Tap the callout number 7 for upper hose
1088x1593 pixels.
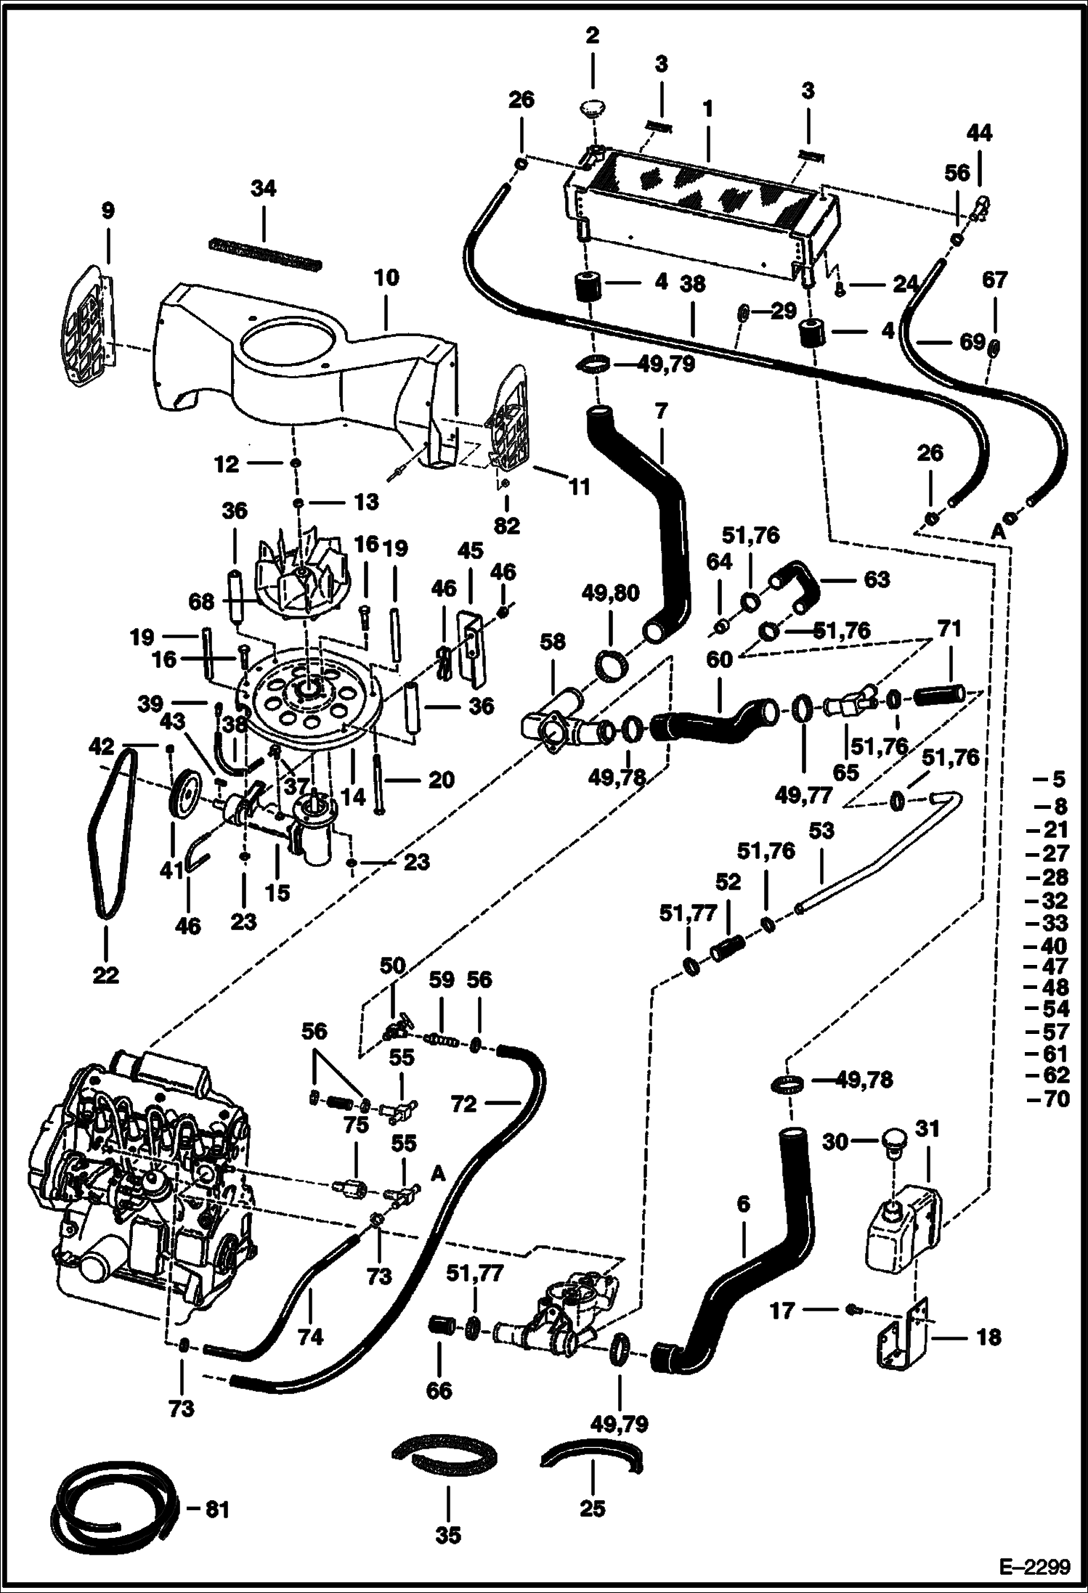pyautogui.click(x=660, y=412)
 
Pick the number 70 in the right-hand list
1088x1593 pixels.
pyautogui.click(x=1057, y=1099)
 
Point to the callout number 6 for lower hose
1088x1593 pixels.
pyautogui.click(x=742, y=1204)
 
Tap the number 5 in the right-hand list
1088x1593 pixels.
pyautogui.click(x=1058, y=780)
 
